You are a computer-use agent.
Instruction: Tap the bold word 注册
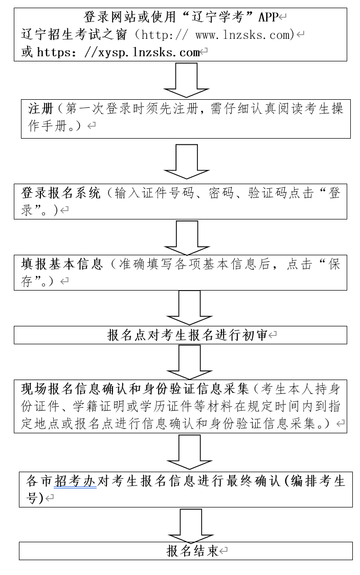point(41,109)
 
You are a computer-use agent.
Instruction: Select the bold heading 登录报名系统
point(61,193)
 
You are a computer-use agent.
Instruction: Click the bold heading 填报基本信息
point(61,264)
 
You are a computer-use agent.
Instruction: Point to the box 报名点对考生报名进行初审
point(187,335)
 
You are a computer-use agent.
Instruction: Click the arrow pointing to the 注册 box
point(186,79)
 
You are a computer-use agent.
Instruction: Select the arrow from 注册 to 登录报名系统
point(186,161)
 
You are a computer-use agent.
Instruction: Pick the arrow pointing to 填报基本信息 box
point(186,237)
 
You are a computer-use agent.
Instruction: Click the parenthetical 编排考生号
point(317,481)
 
